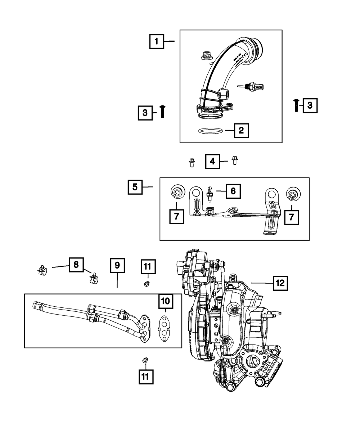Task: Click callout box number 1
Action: [x=157, y=41]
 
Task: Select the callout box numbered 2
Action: [x=241, y=130]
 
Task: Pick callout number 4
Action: [x=212, y=162]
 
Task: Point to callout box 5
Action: [x=135, y=187]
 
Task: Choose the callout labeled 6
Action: [x=233, y=191]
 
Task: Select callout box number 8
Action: [x=76, y=265]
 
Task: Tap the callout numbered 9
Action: [x=117, y=266]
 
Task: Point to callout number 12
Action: [x=280, y=283]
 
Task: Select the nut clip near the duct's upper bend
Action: [x=206, y=56]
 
